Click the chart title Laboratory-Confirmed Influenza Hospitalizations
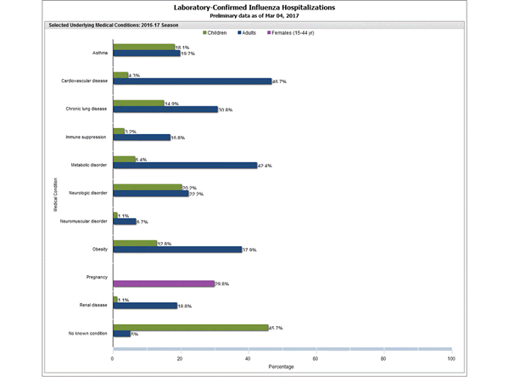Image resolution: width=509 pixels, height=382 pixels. [x=255, y=7]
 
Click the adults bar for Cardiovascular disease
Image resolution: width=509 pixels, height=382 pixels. [x=192, y=81]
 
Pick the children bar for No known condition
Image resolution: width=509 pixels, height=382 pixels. [x=190, y=327]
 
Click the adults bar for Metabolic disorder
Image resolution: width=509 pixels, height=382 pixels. [x=184, y=166]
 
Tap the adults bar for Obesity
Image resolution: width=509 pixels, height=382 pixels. [x=176, y=250]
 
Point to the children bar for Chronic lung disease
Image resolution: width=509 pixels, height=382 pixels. [x=138, y=104]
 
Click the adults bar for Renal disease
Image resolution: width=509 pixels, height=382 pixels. [x=144, y=306]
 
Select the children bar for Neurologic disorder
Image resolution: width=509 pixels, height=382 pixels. [x=147, y=188]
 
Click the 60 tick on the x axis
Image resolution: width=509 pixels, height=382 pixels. [x=316, y=358]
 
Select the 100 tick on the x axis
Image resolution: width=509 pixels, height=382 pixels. [x=450, y=358]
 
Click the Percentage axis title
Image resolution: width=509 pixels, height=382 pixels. [x=282, y=368]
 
